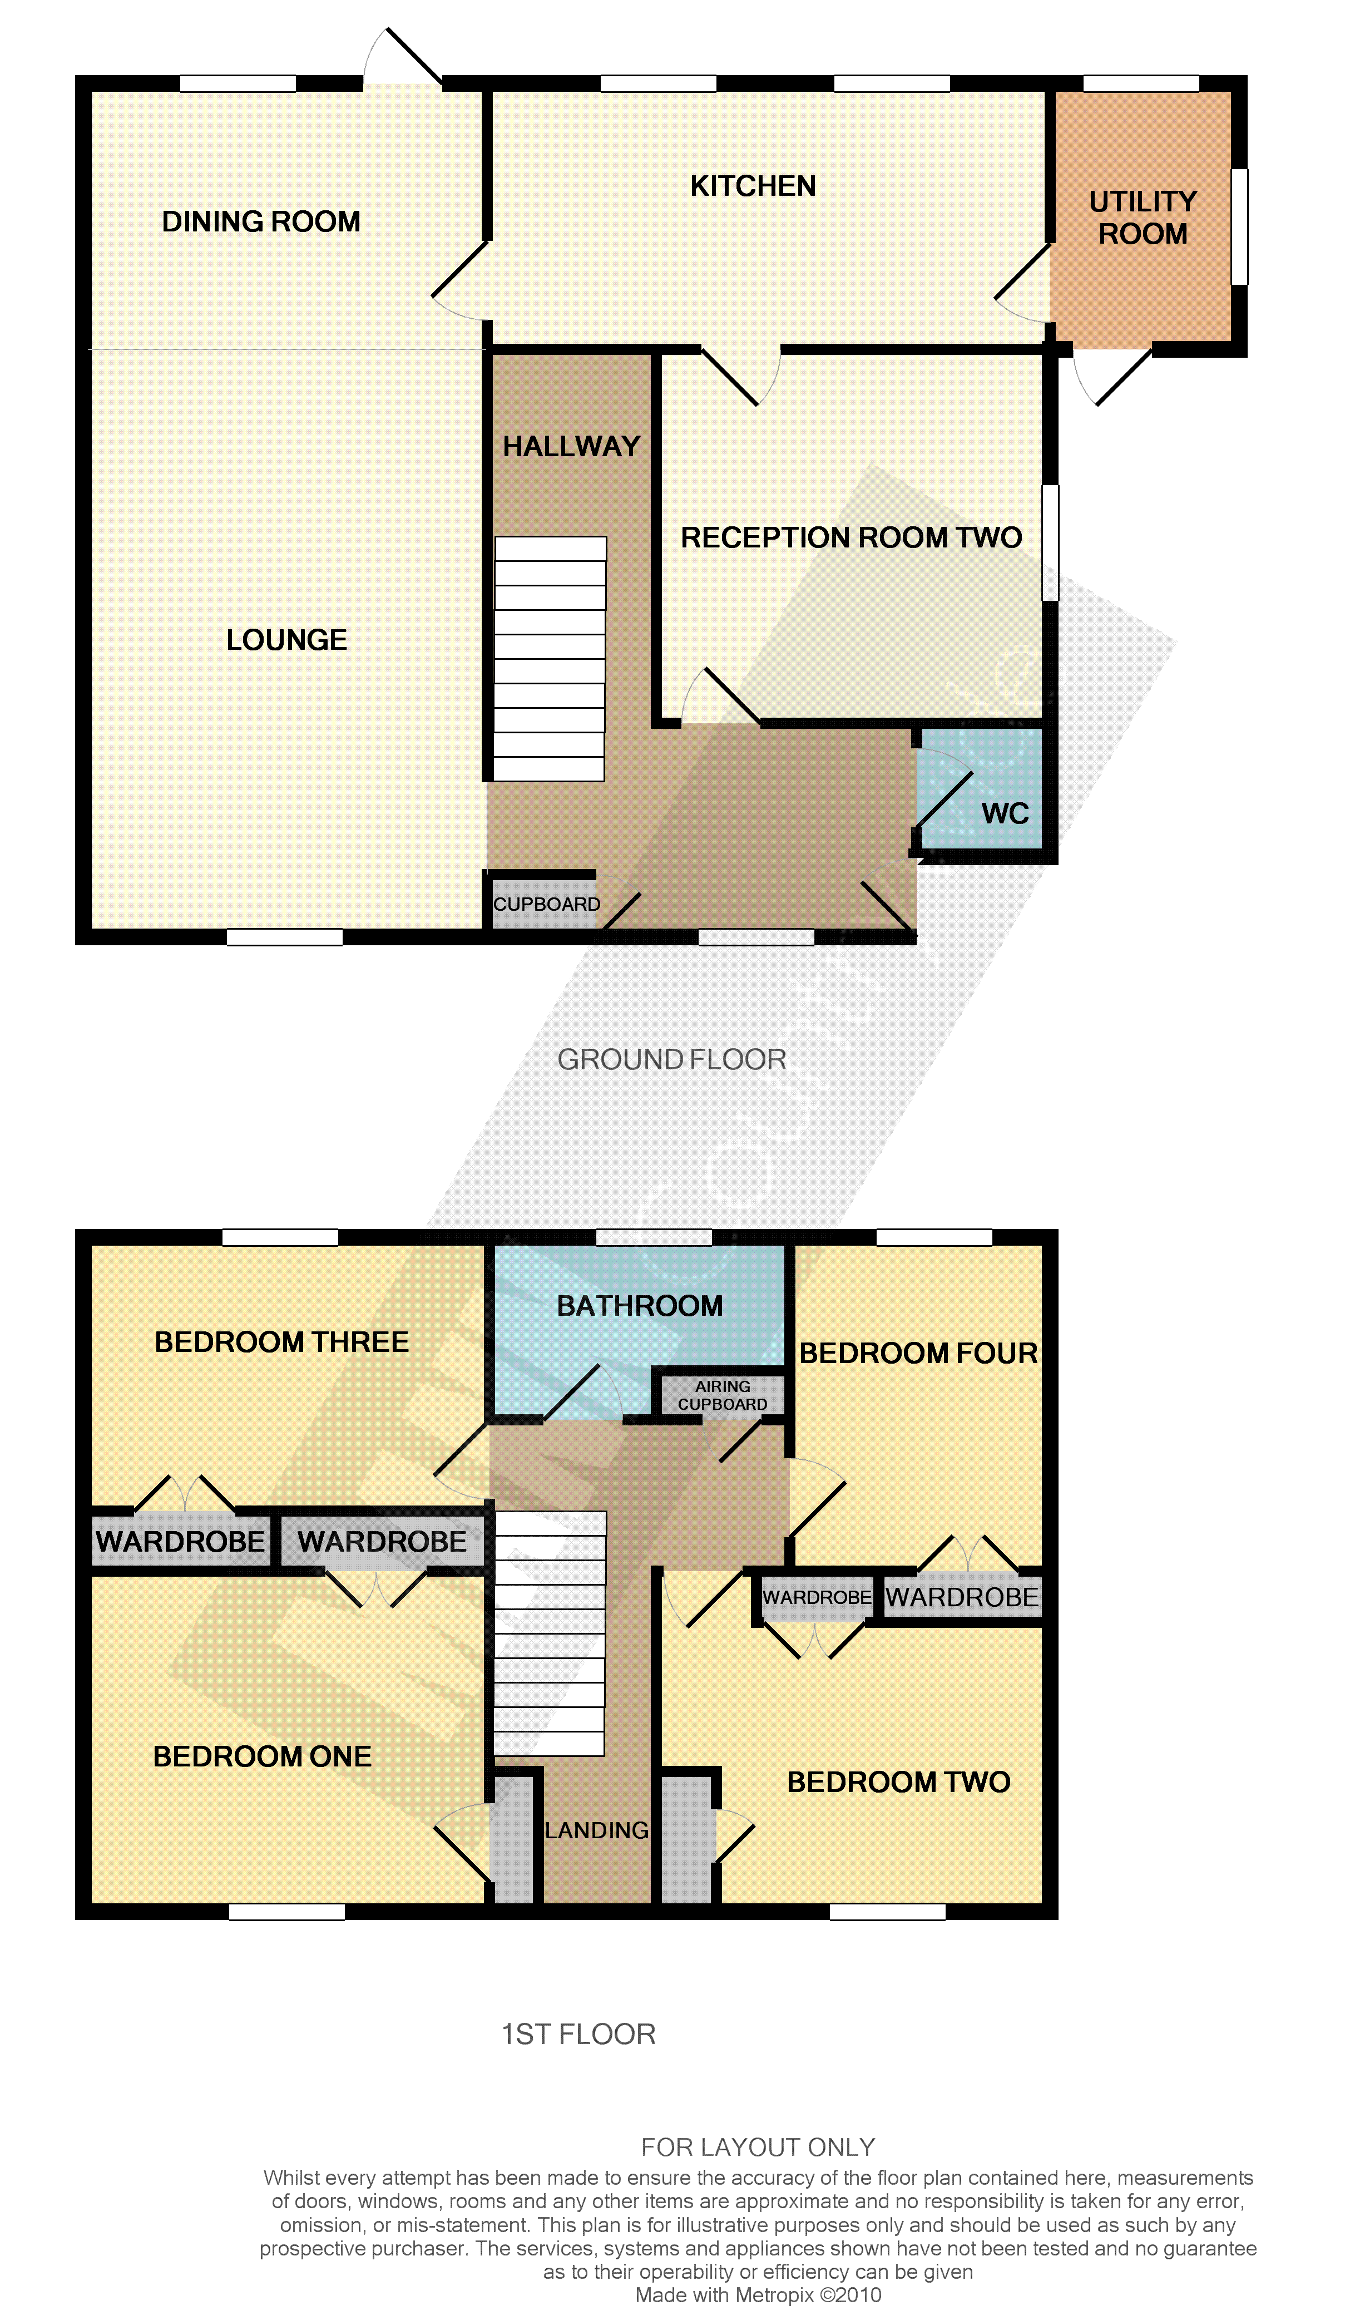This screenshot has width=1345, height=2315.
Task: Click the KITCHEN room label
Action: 753,186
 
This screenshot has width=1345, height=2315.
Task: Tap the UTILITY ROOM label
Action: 1143,218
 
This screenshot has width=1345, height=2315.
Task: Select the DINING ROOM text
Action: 261,221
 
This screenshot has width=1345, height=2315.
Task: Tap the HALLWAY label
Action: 571,446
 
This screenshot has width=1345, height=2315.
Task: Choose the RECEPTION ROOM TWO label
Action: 850,537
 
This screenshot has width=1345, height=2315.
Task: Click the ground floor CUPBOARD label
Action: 547,904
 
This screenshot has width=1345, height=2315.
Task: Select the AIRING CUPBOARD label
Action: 722,1395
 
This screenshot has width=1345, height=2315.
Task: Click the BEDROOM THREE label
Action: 281,1341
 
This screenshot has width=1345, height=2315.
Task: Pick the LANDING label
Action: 596,1831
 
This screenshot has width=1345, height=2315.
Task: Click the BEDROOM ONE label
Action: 262,1756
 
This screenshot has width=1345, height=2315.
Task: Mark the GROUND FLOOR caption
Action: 671,1059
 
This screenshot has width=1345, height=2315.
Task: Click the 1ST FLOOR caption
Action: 579,2034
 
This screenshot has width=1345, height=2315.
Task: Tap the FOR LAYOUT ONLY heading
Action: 758,2147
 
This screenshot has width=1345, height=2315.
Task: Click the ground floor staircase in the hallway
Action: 550,659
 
